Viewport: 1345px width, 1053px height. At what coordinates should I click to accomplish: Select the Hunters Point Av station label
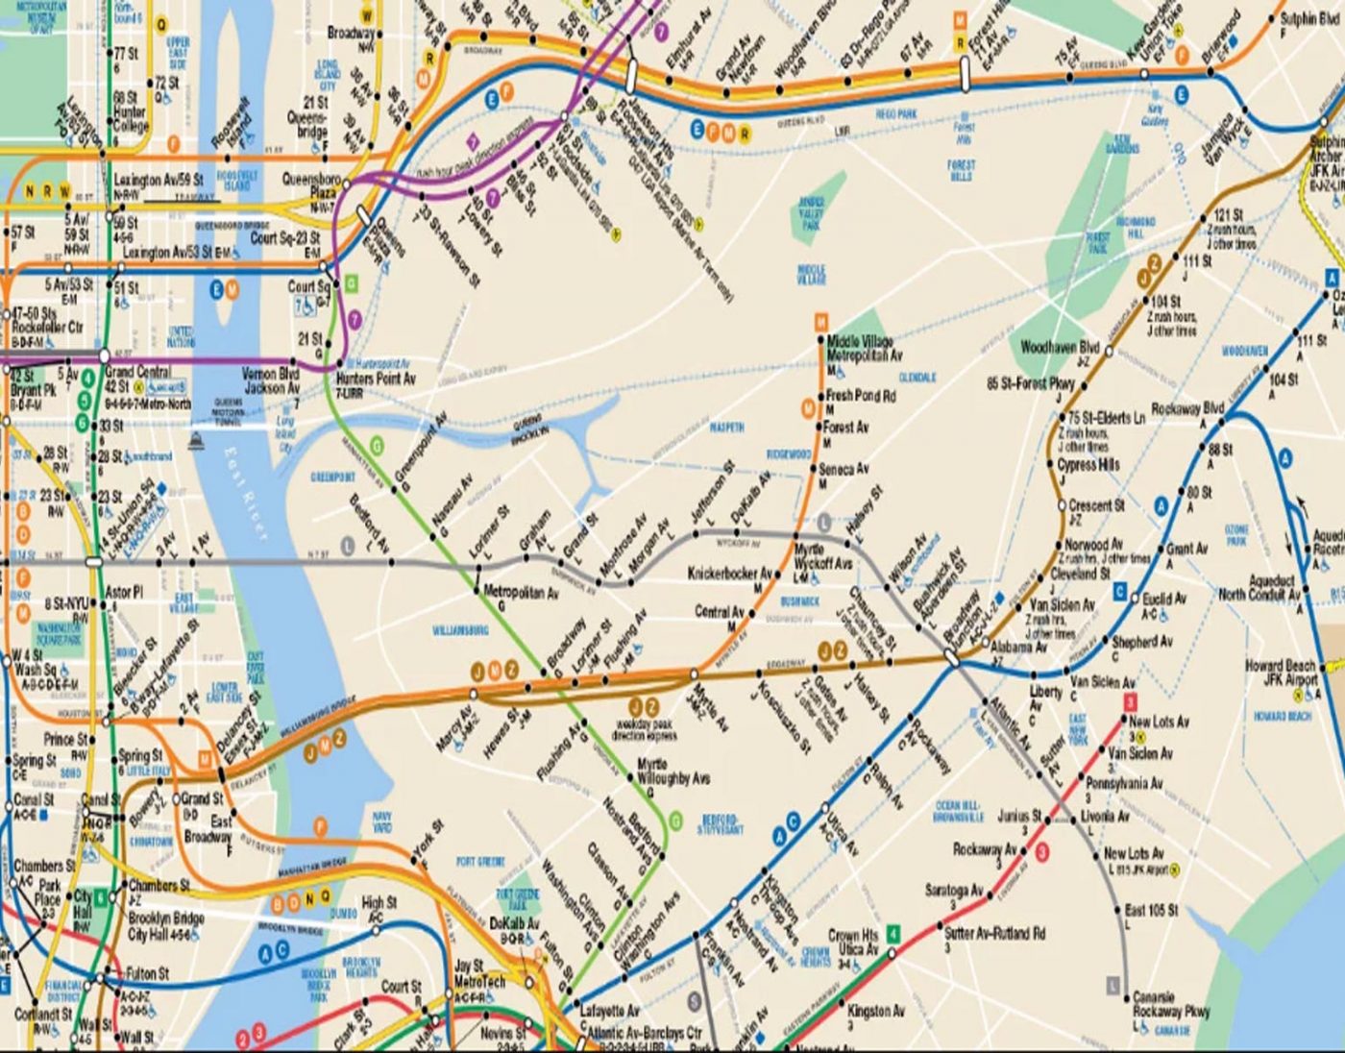(376, 379)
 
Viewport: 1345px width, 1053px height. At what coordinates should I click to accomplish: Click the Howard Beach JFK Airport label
(1280, 673)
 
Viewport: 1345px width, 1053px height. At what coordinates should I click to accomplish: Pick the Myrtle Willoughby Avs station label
(673, 771)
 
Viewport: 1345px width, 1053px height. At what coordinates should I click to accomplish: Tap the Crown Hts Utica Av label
(852, 942)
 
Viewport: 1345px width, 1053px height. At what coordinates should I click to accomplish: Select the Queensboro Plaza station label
(310, 185)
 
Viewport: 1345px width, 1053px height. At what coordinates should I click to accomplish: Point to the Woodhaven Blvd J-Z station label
(1060, 347)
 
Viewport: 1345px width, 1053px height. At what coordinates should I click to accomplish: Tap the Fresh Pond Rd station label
(861, 396)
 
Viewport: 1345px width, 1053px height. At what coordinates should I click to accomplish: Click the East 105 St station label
(1151, 910)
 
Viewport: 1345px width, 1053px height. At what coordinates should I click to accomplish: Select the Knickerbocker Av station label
(729, 574)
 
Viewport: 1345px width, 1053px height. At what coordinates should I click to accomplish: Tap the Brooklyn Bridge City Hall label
(165, 925)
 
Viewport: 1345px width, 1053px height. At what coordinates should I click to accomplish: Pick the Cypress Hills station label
(1088, 465)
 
